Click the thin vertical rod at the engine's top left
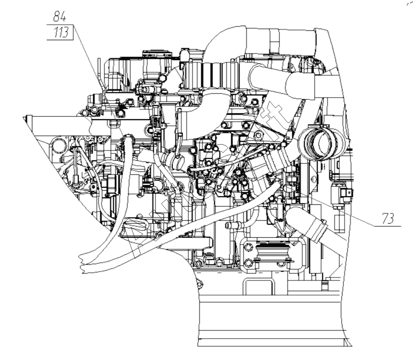click(99, 73)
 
